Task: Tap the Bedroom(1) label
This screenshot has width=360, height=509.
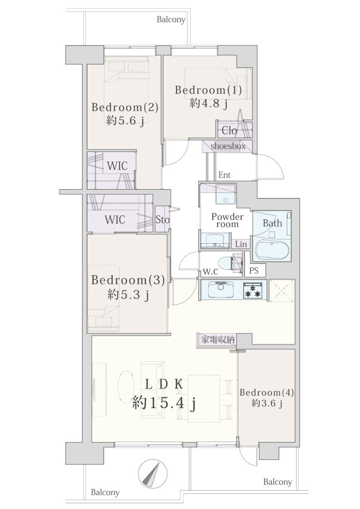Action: tap(209, 90)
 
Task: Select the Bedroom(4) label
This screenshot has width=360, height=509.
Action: tap(267, 392)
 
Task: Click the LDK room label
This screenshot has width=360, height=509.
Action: tap(164, 385)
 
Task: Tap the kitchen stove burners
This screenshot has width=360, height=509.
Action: tap(253, 290)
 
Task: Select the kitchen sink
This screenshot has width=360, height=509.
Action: tap(221, 290)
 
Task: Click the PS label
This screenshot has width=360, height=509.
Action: tap(254, 270)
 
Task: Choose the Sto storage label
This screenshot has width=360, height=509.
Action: tap(162, 220)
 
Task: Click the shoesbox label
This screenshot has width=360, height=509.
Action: tap(228, 146)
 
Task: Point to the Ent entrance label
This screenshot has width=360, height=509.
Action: tap(225, 175)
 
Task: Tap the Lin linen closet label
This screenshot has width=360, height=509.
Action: tap(241, 244)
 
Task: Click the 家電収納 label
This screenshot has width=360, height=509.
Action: tap(217, 340)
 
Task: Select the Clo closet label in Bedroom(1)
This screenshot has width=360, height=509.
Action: tap(230, 131)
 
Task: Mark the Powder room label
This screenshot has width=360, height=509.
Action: tap(227, 220)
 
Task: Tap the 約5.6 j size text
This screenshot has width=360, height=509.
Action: tap(125, 120)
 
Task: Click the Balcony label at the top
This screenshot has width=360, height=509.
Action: tap(171, 20)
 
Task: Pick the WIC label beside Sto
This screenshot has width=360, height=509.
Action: tap(115, 220)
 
